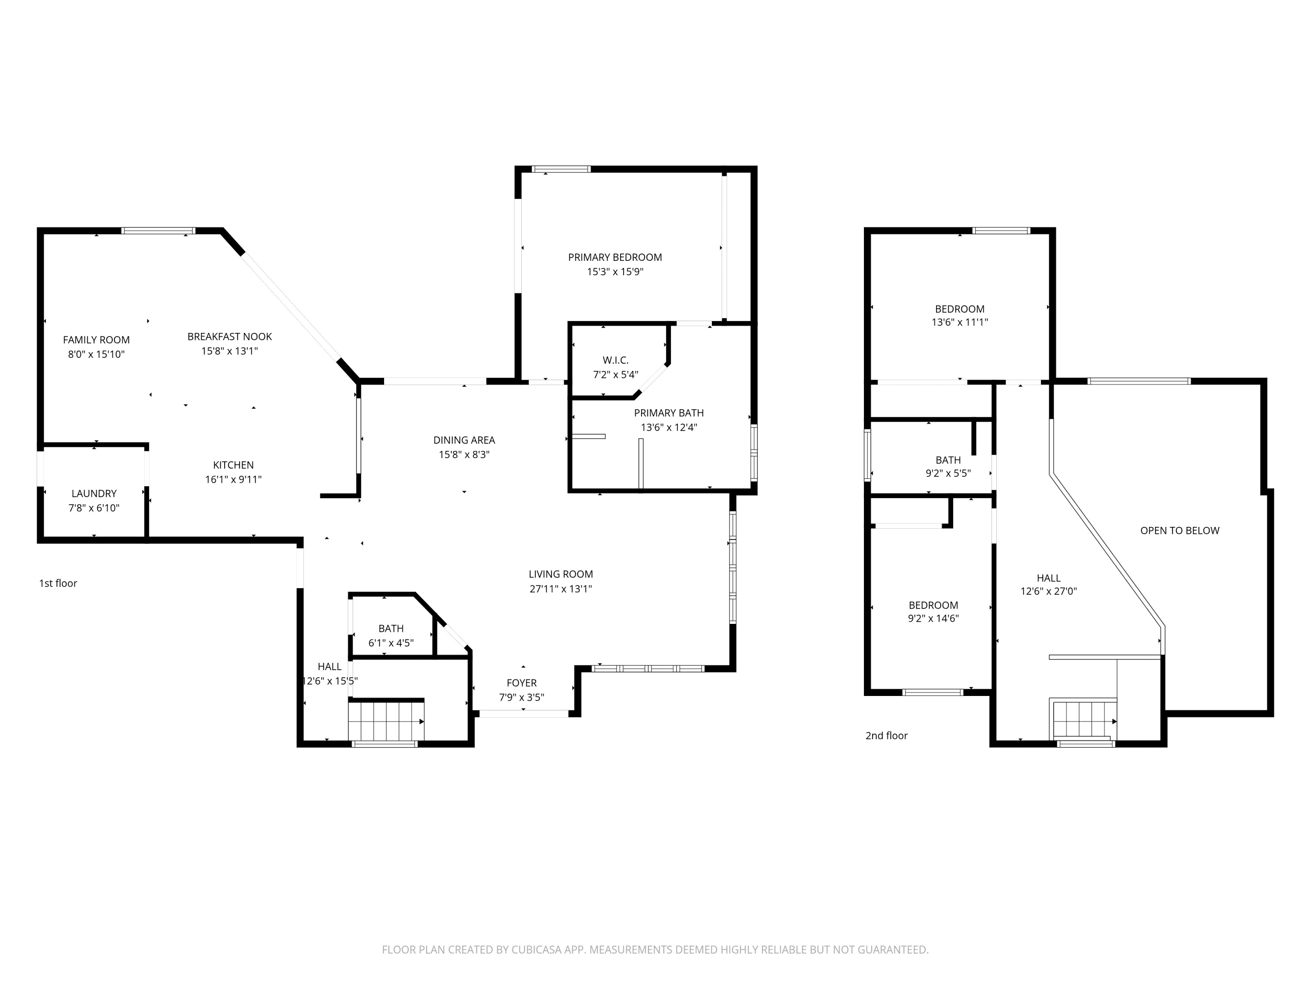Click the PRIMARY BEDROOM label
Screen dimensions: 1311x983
614,257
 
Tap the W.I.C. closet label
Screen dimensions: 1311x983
615,360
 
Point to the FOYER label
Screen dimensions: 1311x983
521,683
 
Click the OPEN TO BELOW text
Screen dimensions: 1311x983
1179,531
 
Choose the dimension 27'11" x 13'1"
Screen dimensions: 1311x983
561,589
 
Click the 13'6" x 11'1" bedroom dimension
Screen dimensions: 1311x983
960,323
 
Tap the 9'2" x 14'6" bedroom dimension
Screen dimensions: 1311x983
933,619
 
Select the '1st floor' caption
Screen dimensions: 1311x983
58,584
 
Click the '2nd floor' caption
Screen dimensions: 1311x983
887,736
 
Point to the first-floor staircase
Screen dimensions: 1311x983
386,721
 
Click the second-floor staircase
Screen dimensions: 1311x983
1083,720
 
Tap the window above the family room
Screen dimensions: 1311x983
159,231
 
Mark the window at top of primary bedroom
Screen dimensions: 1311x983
561,170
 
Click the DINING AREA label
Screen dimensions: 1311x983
464,440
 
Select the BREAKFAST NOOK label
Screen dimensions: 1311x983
229,336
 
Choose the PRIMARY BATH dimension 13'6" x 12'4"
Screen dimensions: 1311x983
669,428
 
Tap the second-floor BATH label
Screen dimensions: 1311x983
948,460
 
